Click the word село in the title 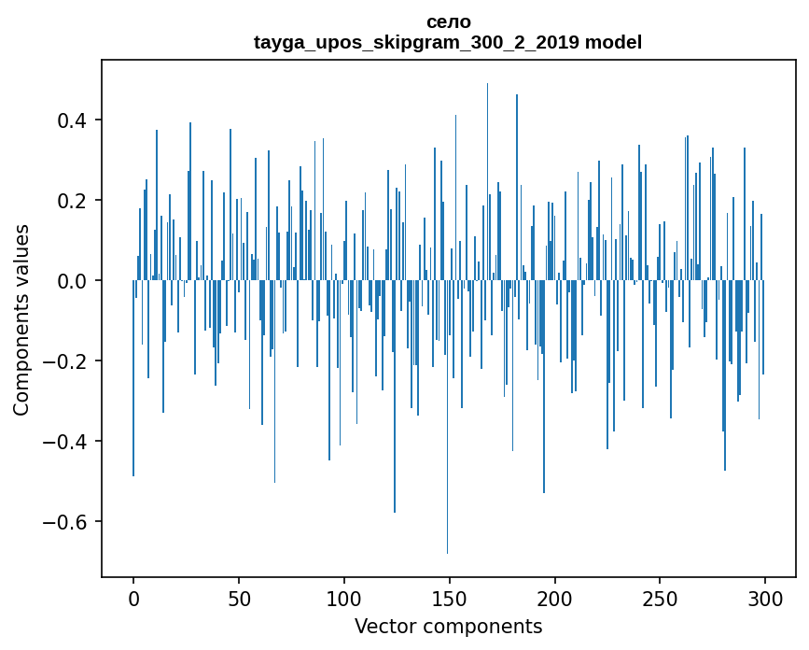[x=448, y=21]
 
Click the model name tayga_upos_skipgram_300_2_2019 [x=416, y=42]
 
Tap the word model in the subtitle [x=613, y=42]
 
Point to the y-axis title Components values [x=21, y=319]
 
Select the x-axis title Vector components [x=448, y=626]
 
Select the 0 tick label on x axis [x=133, y=598]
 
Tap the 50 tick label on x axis [x=239, y=598]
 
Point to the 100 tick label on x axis [x=344, y=598]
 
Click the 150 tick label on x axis [x=450, y=598]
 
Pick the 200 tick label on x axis [x=555, y=598]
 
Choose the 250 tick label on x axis [x=661, y=598]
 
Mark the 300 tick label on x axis [x=766, y=598]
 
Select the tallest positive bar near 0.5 [x=487, y=168]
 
